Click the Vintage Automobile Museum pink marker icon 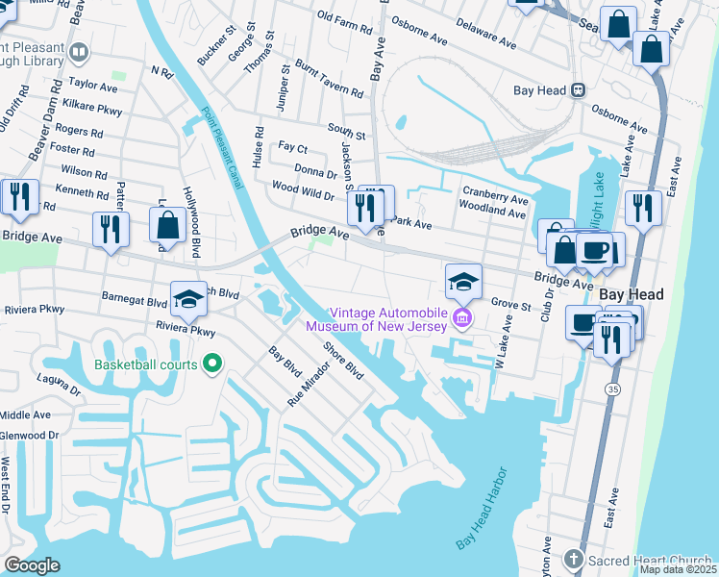462,318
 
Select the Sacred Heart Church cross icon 573,559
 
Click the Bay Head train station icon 579,89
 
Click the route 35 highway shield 612,389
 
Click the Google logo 32,564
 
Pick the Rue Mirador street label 309,380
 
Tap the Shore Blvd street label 342,359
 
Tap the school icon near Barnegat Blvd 189,297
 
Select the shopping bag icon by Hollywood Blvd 168,226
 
